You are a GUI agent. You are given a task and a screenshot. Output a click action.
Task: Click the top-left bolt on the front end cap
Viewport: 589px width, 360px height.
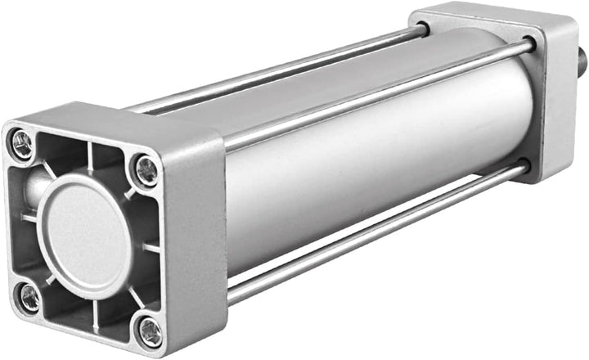click(22, 145)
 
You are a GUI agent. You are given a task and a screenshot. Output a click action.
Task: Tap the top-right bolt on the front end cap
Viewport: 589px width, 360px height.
click(146, 169)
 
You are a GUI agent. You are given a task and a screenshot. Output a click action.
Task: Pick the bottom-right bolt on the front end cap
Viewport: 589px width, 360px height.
click(149, 331)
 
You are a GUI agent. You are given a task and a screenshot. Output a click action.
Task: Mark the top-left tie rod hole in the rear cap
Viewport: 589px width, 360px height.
click(423, 30)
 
